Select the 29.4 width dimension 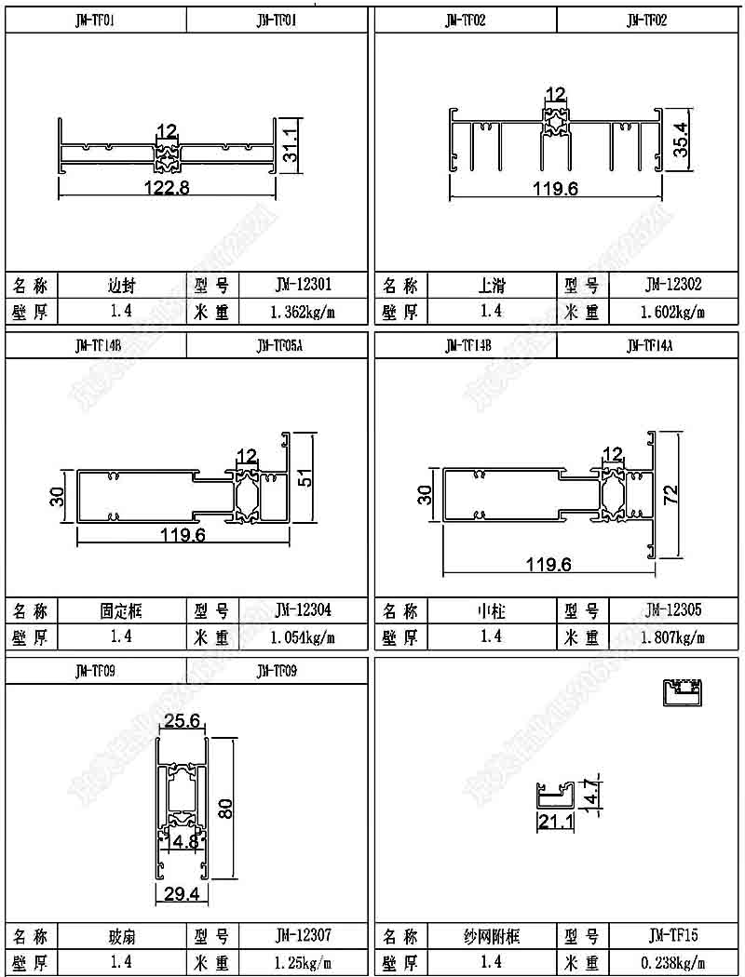click(183, 894)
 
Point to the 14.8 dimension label click(183, 842)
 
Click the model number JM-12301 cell click(304, 285)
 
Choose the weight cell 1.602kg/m click(673, 312)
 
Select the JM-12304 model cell click(304, 610)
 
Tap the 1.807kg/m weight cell click(673, 637)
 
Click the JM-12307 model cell click(304, 935)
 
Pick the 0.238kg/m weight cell click(673, 962)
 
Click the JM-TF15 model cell click(673, 935)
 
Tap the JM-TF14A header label click(648, 346)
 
